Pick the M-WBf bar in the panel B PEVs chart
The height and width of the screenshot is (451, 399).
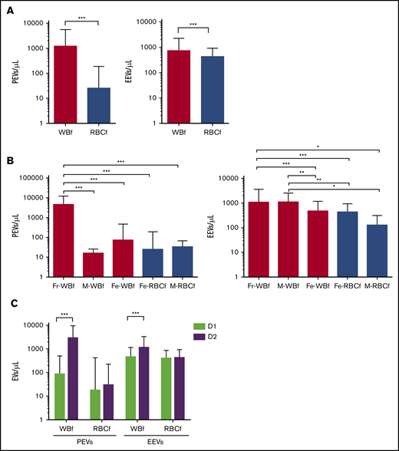click(94, 265)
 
